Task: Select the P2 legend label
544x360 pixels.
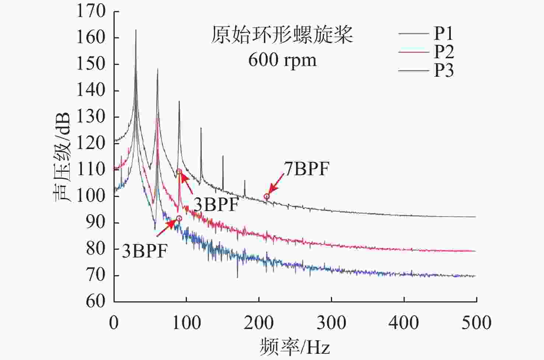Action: tap(444, 52)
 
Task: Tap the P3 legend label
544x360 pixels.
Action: tap(444, 70)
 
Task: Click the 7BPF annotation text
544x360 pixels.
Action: tap(306, 169)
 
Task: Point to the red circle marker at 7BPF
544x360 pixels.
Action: tap(266, 197)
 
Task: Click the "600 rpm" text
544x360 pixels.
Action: tap(282, 60)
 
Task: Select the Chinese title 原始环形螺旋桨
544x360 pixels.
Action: tap(282, 35)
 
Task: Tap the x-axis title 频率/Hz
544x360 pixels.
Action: tap(295, 347)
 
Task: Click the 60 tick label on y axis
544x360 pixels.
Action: tap(96, 301)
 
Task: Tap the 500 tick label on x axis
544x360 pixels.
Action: tap(477, 323)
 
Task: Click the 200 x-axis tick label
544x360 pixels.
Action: tap(259, 323)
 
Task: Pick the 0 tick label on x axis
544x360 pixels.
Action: tap(114, 323)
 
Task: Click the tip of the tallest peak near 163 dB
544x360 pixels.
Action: tap(136, 30)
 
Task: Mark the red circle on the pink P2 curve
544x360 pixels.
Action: tap(179, 172)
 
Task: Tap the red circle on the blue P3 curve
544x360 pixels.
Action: tap(179, 219)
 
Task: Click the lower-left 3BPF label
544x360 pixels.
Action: tap(145, 251)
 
